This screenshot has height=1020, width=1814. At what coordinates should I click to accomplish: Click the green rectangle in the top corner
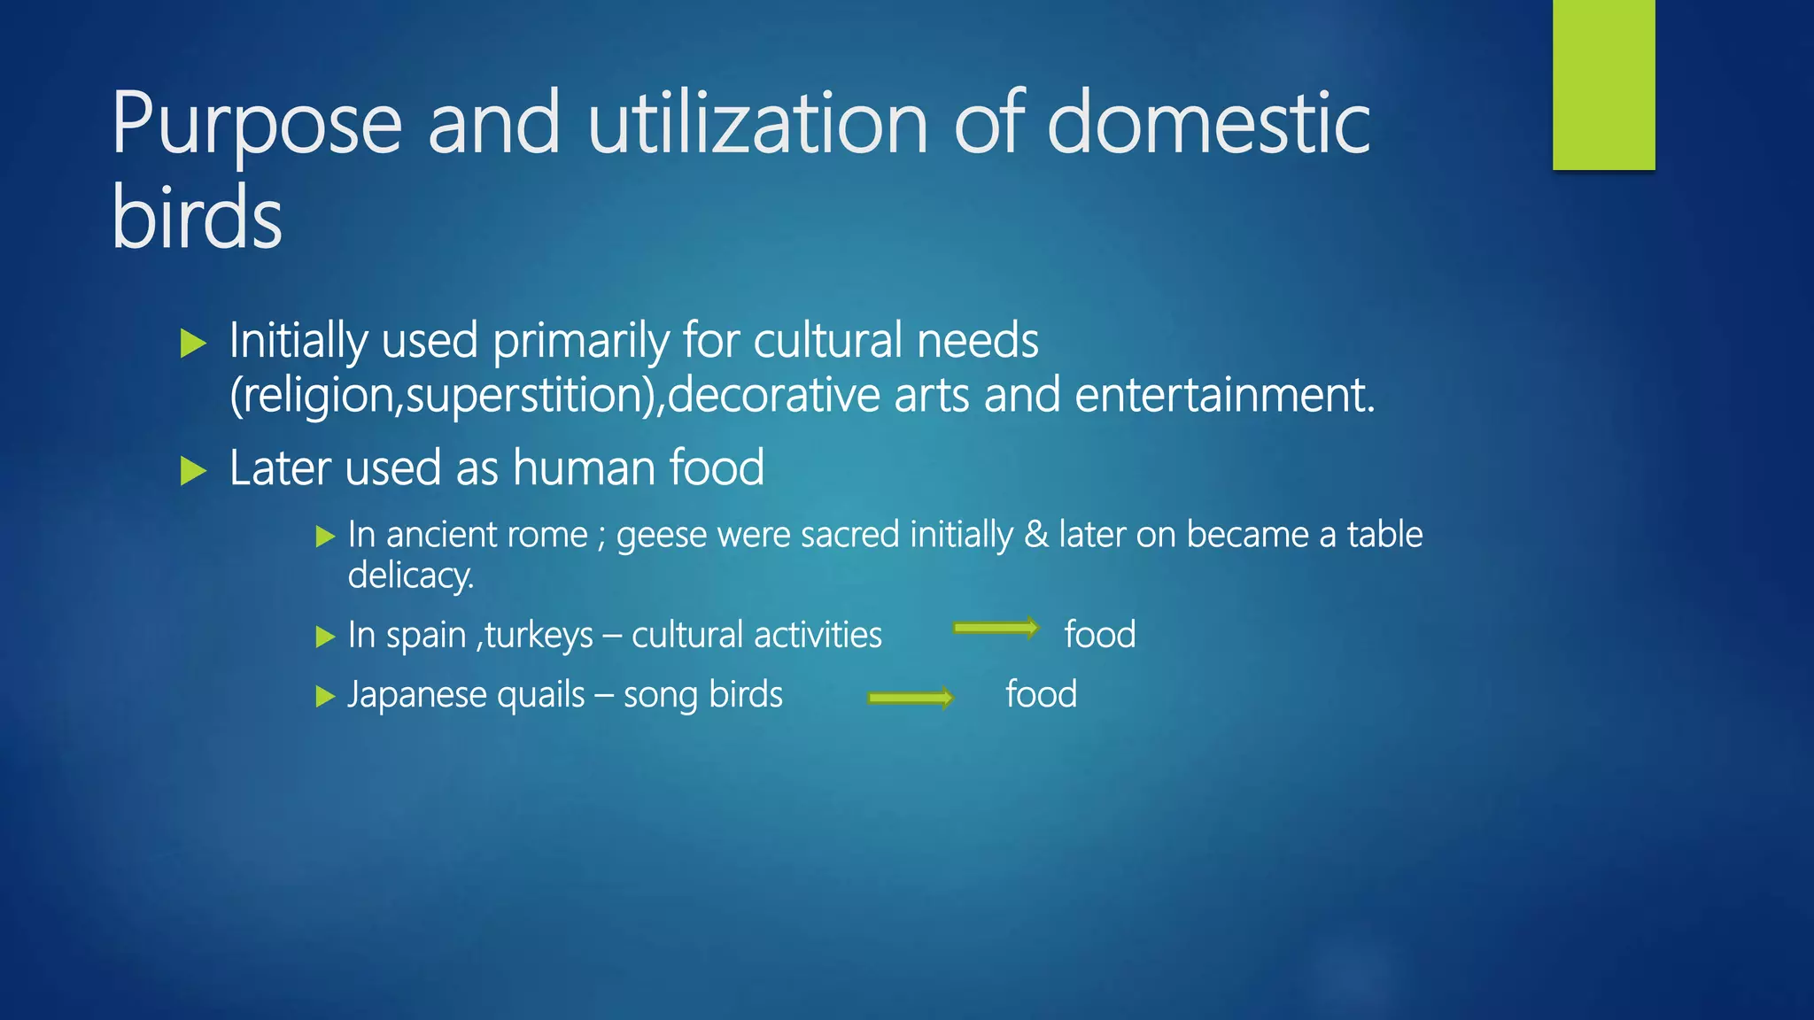(1603, 84)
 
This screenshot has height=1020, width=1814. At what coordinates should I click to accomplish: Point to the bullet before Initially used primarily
(193, 344)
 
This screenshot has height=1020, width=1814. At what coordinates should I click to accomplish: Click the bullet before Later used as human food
(193, 470)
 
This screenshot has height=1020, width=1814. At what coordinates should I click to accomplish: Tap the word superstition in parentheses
(530, 395)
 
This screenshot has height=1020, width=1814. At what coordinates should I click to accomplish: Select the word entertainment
(1224, 395)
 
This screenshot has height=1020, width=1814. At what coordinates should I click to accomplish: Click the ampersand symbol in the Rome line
(1035, 535)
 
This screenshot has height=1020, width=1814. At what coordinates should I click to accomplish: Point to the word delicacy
(410, 576)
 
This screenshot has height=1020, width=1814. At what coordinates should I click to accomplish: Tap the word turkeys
(539, 636)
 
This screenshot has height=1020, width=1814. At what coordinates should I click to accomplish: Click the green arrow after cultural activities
(995, 628)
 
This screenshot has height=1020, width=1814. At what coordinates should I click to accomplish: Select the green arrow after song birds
(911, 698)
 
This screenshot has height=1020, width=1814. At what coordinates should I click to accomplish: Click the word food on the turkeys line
(1099, 635)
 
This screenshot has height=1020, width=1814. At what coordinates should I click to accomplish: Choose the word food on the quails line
(1041, 694)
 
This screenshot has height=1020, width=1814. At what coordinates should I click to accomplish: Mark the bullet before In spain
(325, 637)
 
